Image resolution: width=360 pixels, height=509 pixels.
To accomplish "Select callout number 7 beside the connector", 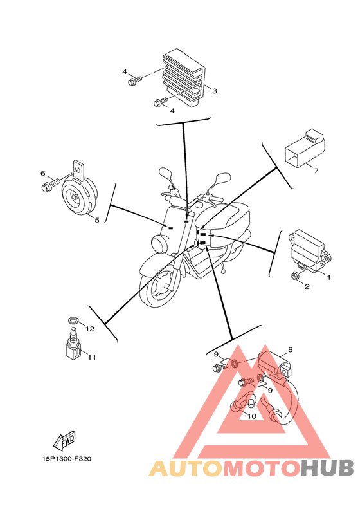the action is (x=316, y=171).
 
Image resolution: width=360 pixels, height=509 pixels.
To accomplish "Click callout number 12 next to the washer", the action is (x=90, y=329).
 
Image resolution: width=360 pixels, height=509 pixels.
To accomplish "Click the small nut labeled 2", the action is (x=294, y=276).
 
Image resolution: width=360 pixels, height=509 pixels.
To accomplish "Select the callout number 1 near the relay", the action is (x=328, y=277).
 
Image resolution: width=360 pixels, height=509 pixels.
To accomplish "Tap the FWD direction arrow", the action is (x=64, y=441).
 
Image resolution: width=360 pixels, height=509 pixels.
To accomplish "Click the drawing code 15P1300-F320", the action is (x=67, y=459).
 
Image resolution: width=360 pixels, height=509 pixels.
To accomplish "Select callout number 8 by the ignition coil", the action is (x=290, y=349).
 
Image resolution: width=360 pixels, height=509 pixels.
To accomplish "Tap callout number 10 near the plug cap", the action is (x=251, y=416).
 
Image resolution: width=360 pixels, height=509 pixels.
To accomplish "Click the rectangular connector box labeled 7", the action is (x=305, y=148).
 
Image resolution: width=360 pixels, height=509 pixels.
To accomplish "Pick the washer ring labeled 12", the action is (x=74, y=320).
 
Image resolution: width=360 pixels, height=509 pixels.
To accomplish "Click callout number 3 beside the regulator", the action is (x=214, y=91).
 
